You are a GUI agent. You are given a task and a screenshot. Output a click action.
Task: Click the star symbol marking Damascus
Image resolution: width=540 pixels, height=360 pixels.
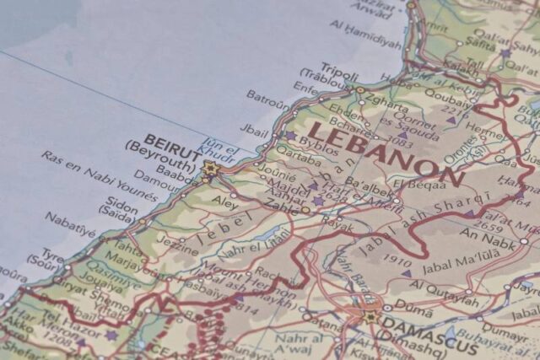tap(370, 316)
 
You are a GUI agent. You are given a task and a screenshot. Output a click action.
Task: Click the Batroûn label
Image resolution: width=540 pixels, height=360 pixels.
tap(267, 99)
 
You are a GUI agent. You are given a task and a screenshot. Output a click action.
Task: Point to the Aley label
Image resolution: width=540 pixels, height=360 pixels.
tap(224, 202)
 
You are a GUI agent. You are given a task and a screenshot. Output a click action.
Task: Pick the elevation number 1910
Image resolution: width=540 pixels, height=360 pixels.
tap(396, 261)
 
